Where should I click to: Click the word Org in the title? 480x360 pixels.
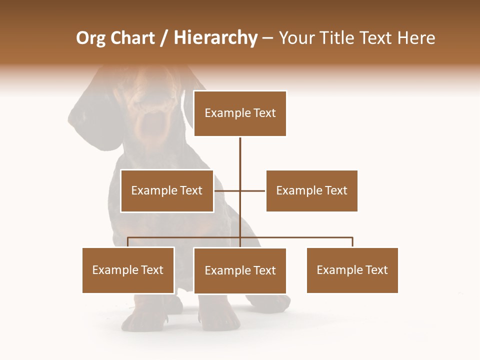click(90, 38)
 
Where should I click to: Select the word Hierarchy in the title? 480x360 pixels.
click(215, 38)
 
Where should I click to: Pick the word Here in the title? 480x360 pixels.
click(416, 38)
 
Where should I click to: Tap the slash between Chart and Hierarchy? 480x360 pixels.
click(164, 38)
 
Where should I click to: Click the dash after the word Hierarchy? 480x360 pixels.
click(267, 38)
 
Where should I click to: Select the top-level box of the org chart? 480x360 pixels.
click(240, 113)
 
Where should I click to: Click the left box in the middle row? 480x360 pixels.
click(167, 191)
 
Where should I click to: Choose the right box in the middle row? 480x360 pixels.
click(311, 191)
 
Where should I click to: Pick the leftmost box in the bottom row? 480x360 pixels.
click(128, 270)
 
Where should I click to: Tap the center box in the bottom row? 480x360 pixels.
click(240, 271)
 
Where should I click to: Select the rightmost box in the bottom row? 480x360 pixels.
click(352, 270)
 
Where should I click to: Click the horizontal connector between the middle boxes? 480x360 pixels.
click(252, 190)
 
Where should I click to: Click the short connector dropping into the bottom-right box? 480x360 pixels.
click(352, 242)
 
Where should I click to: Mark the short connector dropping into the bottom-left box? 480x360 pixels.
click(128, 242)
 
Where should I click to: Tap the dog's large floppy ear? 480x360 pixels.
click(92, 120)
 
